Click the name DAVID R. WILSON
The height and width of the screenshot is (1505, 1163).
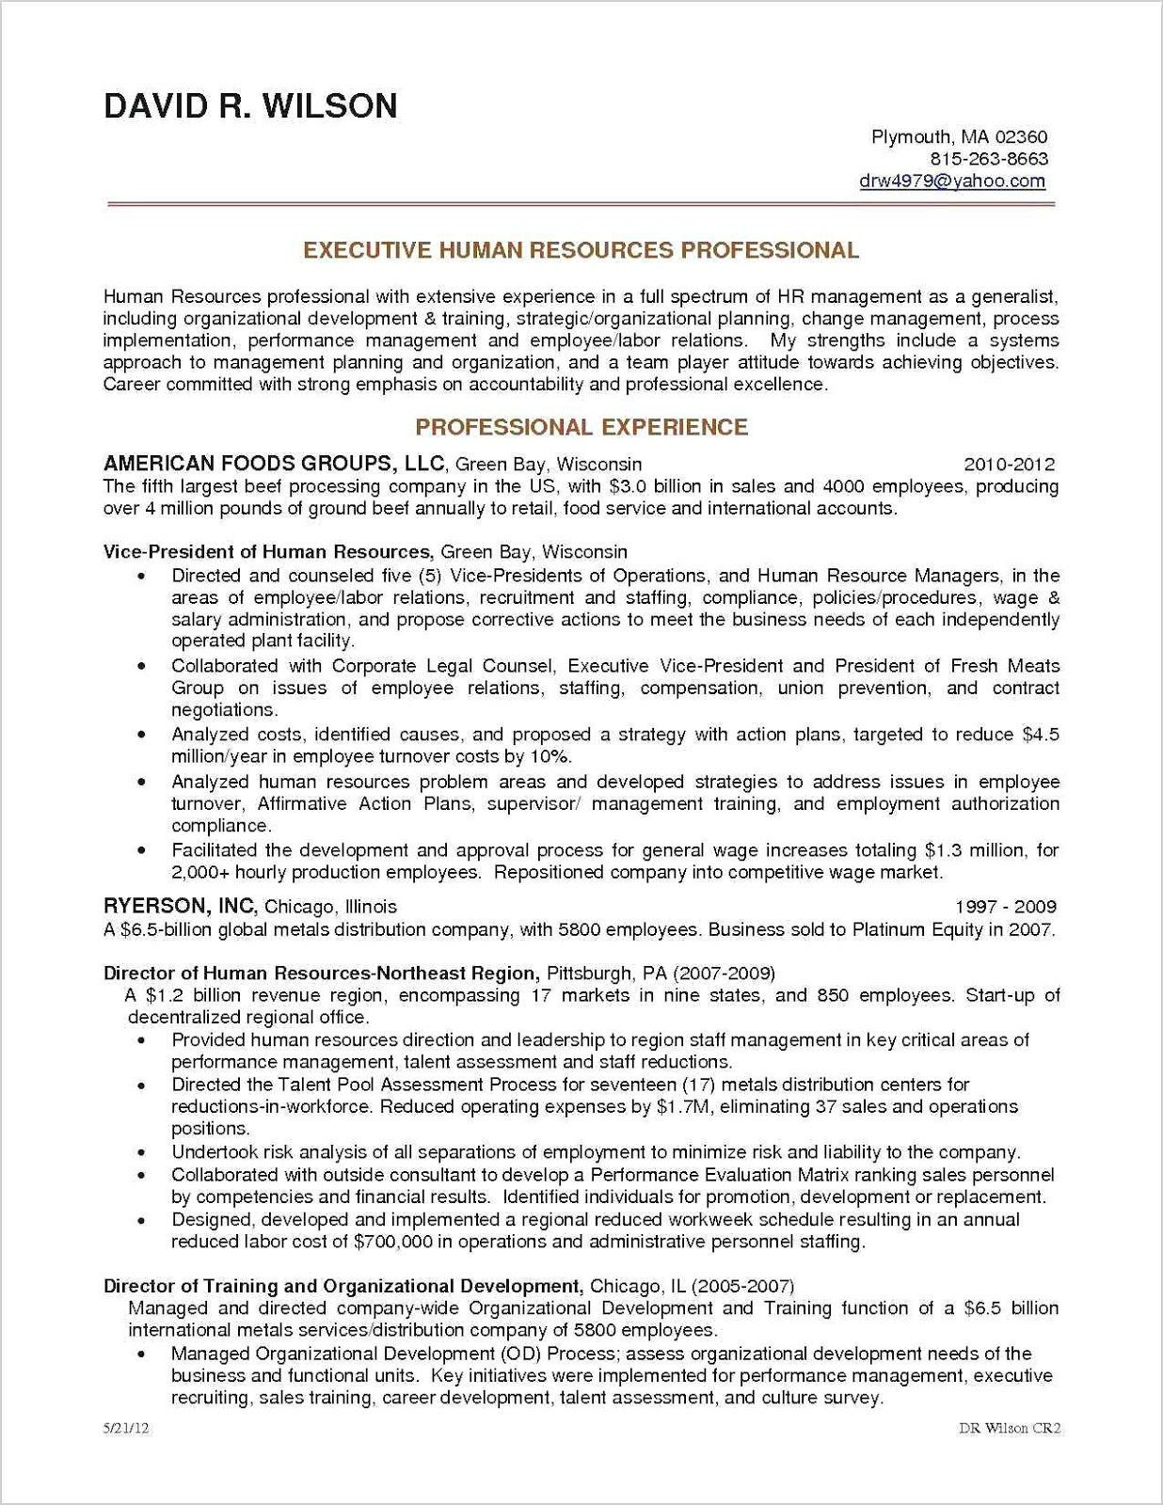coord(250,106)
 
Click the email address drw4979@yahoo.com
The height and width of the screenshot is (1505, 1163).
coord(952,181)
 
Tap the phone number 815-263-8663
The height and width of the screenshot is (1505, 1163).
coord(988,159)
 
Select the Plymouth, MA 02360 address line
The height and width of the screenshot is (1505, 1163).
coord(959,137)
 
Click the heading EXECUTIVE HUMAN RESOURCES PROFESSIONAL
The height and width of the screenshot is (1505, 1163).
coord(581,250)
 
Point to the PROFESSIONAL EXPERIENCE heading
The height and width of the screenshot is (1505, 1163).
coord(581,427)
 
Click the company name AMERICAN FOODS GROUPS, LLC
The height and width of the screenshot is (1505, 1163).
coord(274,464)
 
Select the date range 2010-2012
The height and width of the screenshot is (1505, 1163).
coord(1009,465)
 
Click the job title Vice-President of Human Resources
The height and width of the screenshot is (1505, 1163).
coord(267,552)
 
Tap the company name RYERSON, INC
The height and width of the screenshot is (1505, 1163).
coord(180,907)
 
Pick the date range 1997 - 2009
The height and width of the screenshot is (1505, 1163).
coord(1006,908)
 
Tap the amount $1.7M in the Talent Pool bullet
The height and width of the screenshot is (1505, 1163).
coord(682,1107)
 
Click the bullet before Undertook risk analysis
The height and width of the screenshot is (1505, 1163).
coord(141,1153)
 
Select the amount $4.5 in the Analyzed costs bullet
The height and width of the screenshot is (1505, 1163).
coord(1040,735)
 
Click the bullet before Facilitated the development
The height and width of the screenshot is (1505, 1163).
coord(141,851)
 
